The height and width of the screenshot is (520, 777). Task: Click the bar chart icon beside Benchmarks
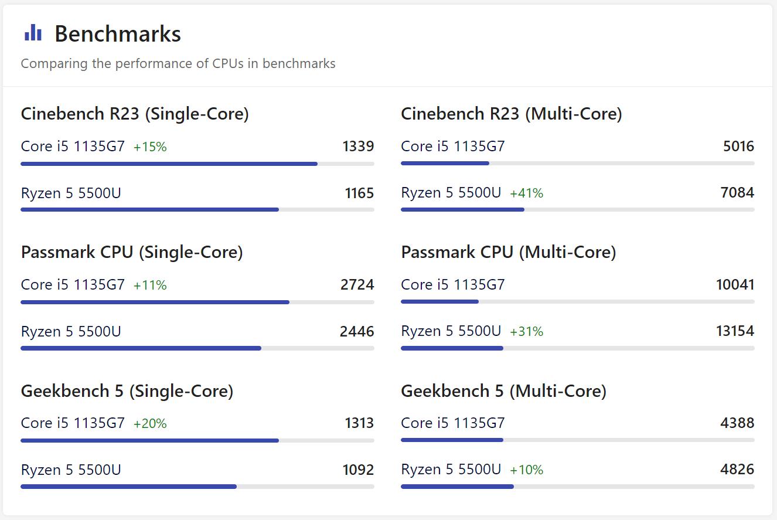(33, 33)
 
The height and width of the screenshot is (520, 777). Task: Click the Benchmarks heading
(117, 34)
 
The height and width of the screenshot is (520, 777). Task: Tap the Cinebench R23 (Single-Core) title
(135, 114)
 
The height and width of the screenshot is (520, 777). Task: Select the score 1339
(358, 146)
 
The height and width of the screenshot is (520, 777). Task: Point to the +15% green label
(150, 147)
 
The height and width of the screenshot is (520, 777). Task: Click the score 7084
(737, 192)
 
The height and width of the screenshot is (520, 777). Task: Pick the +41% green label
(526, 193)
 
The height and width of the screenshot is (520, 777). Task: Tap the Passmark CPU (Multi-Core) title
(508, 252)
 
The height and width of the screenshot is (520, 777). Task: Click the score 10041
(735, 284)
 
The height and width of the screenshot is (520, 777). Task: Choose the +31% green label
(526, 332)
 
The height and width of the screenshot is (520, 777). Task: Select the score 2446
(357, 331)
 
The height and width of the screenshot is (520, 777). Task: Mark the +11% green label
(150, 286)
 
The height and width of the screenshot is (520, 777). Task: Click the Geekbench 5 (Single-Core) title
(127, 391)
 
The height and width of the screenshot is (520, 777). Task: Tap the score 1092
(358, 470)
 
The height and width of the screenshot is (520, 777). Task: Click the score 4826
(737, 469)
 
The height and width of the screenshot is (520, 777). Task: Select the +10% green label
(526, 470)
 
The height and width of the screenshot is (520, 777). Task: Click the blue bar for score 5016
(445, 164)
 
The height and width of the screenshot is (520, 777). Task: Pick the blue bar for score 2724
(155, 303)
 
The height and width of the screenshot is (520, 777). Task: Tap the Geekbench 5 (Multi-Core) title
(503, 391)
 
